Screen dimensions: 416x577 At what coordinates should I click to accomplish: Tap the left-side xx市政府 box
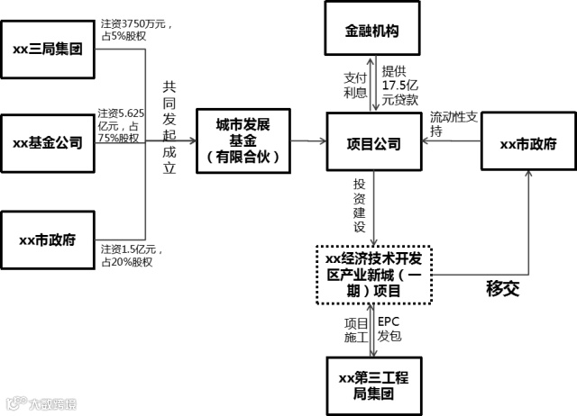47,240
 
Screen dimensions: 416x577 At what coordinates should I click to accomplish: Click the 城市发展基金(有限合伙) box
243,141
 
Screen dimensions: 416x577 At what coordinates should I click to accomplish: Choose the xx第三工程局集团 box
372,384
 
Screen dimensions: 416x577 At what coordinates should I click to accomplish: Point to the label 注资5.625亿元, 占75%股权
121,126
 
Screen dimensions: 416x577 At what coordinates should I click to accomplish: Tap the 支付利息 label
355,85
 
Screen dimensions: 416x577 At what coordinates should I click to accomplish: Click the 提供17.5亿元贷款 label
399,84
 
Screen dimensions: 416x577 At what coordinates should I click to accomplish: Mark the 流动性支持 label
455,124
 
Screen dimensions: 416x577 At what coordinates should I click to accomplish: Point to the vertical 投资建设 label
359,205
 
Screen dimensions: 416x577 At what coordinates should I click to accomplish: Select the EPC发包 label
389,329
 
